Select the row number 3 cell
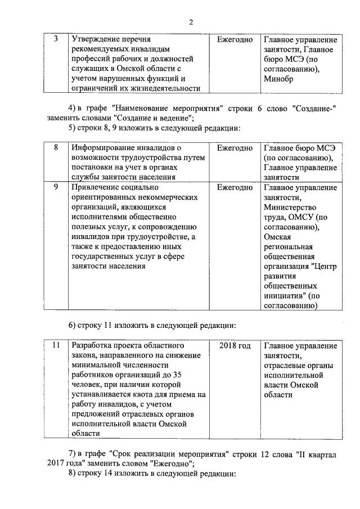tap(55, 40)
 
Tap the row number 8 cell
tap(55, 147)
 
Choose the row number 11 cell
tap(55, 345)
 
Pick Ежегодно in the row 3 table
tap(235, 40)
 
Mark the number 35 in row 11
tap(177, 375)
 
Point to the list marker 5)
tap(71, 128)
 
